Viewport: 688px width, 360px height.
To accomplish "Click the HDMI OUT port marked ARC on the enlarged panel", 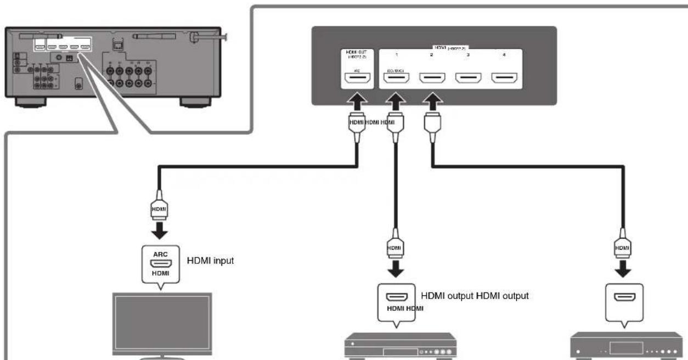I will (356, 81).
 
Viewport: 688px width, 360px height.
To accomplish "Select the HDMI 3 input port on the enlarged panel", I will (468, 81).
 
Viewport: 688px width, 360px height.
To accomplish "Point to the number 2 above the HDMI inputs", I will (431, 56).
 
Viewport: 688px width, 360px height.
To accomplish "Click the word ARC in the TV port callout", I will (161, 254).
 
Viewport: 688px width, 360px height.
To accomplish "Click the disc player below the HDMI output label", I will (398, 346).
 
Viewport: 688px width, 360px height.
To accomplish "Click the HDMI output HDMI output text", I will (474, 296).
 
